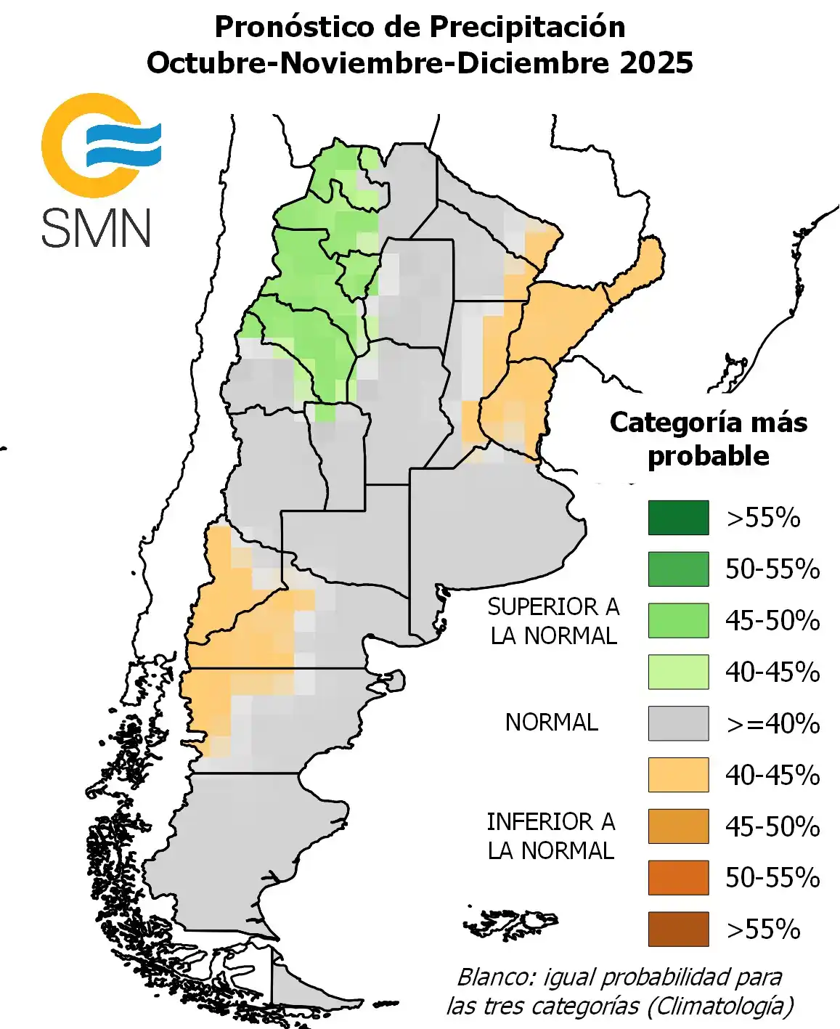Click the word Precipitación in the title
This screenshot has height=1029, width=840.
pyautogui.click(x=527, y=28)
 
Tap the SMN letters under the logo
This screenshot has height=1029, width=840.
pyautogui.click(x=96, y=228)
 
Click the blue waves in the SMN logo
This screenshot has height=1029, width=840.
pyautogui.click(x=123, y=144)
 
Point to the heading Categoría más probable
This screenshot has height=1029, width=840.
pyautogui.click(x=708, y=439)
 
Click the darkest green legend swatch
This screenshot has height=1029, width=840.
pyautogui.click(x=678, y=518)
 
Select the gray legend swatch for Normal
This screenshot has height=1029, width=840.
pyautogui.click(x=678, y=723)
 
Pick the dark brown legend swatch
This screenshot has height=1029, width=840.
pyautogui.click(x=678, y=929)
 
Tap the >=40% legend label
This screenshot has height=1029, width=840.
pyautogui.click(x=772, y=724)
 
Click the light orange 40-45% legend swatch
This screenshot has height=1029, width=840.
pyautogui.click(x=678, y=775)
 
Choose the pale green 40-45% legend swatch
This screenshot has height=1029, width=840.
pyautogui.click(x=678, y=672)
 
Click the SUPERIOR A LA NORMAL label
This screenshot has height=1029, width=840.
pyautogui.click(x=553, y=621)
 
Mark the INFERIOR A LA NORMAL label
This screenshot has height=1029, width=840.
pyautogui.click(x=551, y=836)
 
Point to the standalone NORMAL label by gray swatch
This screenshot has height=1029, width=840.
pyautogui.click(x=552, y=723)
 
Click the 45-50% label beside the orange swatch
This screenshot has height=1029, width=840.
pyautogui.click(x=772, y=827)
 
